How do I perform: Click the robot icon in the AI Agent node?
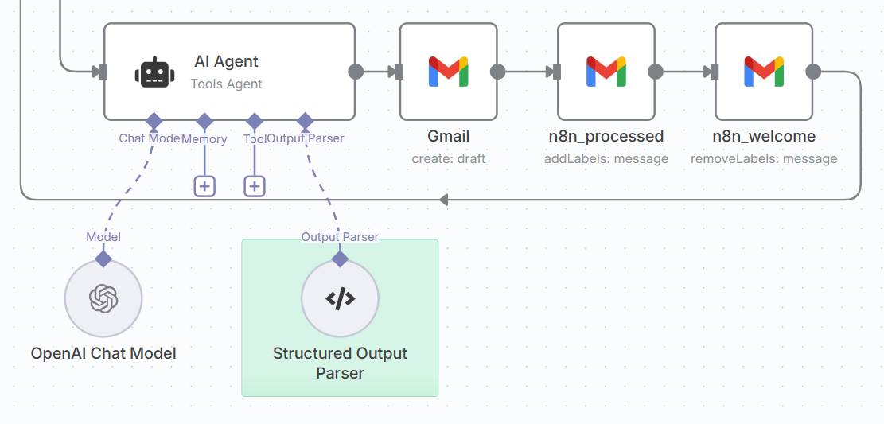[154, 72]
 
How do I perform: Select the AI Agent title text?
[226, 61]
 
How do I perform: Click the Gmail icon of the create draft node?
[448, 72]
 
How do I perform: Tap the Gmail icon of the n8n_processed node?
[606, 72]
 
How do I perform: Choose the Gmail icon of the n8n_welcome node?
[764, 72]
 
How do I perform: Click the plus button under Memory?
[204, 186]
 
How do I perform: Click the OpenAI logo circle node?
[103, 299]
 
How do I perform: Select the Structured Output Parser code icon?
[340, 299]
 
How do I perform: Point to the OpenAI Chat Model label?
[103, 353]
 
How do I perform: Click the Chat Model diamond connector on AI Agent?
[154, 121]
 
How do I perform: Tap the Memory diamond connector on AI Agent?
[204, 121]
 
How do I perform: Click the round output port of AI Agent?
[356, 72]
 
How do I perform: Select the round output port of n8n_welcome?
[813, 72]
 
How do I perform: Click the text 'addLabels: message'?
[606, 158]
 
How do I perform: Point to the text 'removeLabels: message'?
[764, 158]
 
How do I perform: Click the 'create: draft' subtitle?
[448, 158]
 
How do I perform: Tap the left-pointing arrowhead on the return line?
[444, 199]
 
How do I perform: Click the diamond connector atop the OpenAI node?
[103, 259]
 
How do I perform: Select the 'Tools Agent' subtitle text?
[226, 84]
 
